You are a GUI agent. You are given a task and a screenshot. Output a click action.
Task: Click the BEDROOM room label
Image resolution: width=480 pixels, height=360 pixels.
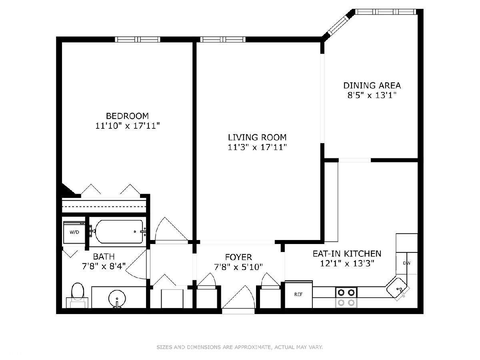pos(127,116)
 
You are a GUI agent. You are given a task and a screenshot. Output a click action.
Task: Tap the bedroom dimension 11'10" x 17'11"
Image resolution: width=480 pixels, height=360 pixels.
pos(128,126)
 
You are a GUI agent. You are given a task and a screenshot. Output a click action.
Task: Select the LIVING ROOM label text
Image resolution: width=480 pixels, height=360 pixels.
pos(257,137)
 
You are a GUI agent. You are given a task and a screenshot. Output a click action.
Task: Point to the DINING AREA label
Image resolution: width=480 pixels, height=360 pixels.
pos(372,85)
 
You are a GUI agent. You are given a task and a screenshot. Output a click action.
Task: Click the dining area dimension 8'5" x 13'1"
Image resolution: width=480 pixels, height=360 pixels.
pos(372,95)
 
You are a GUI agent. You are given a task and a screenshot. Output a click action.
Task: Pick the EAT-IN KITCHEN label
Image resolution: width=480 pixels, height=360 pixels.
pos(347,254)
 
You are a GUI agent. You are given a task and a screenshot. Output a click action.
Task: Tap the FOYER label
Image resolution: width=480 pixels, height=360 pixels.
pos(238,257)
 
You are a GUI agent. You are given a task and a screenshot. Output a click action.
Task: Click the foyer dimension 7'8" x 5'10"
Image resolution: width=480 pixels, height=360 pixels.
pos(238,267)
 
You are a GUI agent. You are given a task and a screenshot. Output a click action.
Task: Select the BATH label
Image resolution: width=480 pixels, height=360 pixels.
pos(104,256)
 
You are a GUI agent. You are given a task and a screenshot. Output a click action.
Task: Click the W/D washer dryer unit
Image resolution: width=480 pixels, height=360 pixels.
pos(74,232)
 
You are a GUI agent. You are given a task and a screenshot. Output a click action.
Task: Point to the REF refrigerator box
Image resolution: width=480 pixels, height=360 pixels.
pos(298,294)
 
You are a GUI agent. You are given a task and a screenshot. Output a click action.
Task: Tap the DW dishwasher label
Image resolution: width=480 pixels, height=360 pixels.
pos(407,263)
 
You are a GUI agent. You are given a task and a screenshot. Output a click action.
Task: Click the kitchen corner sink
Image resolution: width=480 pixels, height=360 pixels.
pos(398,289)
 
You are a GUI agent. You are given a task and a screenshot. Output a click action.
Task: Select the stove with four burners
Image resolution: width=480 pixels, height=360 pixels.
pos(346,298)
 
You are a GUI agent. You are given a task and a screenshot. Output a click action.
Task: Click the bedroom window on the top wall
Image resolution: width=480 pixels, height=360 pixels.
pos(138,39)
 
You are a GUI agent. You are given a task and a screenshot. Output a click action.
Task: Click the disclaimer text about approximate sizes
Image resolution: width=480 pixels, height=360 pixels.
pos(240,347)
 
